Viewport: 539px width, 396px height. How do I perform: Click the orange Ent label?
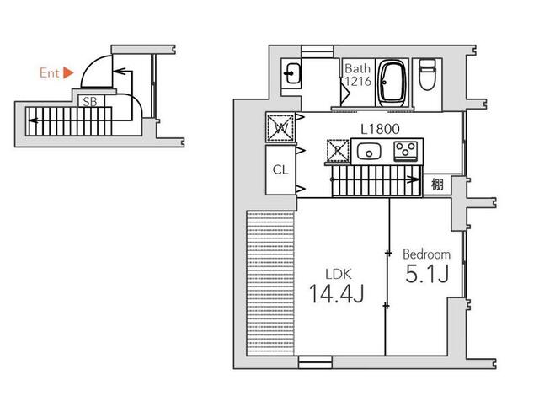[x=49, y=73]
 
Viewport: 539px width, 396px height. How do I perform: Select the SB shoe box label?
[x=88, y=100]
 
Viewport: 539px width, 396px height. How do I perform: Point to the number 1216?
[x=355, y=82]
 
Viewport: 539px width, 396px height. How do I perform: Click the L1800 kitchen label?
[x=379, y=129]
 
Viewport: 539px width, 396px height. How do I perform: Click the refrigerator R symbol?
[x=338, y=152]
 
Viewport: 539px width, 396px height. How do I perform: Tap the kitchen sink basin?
[x=369, y=152]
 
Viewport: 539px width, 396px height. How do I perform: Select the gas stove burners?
[x=407, y=152]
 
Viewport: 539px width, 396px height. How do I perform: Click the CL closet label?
[x=280, y=169]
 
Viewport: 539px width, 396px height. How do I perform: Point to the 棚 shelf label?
[x=437, y=185]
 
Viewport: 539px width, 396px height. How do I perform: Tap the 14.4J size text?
[x=336, y=294]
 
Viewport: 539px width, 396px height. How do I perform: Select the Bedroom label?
[x=425, y=254]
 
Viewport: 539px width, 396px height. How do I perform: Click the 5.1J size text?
[x=425, y=274]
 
